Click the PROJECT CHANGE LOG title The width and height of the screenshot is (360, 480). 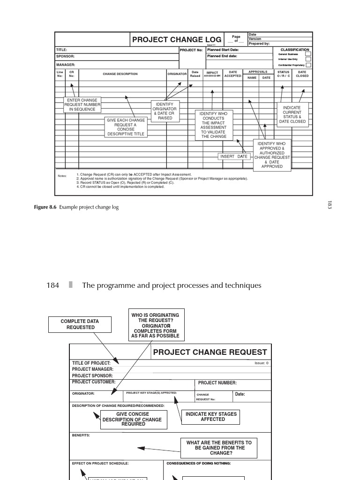pos(176,40)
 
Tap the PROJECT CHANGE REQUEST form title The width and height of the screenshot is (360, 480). pos(210,352)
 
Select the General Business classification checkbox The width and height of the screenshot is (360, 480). pos(308,54)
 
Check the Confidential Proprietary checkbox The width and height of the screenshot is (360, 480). pos(308,65)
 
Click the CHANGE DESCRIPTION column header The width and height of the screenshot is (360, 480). pos(120,74)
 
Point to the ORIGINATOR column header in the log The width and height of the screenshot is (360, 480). pos(177,74)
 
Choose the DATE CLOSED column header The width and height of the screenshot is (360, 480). pos(302,74)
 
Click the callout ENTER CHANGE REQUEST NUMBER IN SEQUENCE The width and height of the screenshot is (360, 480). pos(82,105)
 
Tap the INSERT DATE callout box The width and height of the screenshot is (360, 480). pos(234,157)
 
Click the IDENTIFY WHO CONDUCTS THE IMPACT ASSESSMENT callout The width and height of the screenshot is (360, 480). pos(214,125)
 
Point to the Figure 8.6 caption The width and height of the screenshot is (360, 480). pos(76,207)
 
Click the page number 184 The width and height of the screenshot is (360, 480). pos(53,285)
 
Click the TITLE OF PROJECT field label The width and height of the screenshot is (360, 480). pos(91,363)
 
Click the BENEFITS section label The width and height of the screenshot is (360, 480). pos(81,435)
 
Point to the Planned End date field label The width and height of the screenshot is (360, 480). pos(222,56)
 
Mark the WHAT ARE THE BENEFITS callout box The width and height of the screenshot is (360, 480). pos(219,448)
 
